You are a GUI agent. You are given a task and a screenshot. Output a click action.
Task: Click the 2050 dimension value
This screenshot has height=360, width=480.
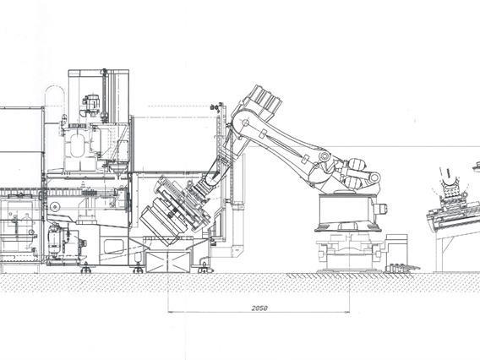(x=259, y=309)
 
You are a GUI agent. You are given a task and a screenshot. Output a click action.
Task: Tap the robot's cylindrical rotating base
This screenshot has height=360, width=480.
(x=346, y=214)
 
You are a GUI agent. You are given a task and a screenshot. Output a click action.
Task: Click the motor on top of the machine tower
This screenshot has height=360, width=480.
(x=89, y=105)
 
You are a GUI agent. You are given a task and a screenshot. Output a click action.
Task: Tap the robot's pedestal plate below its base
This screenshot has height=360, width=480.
(x=346, y=253)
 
